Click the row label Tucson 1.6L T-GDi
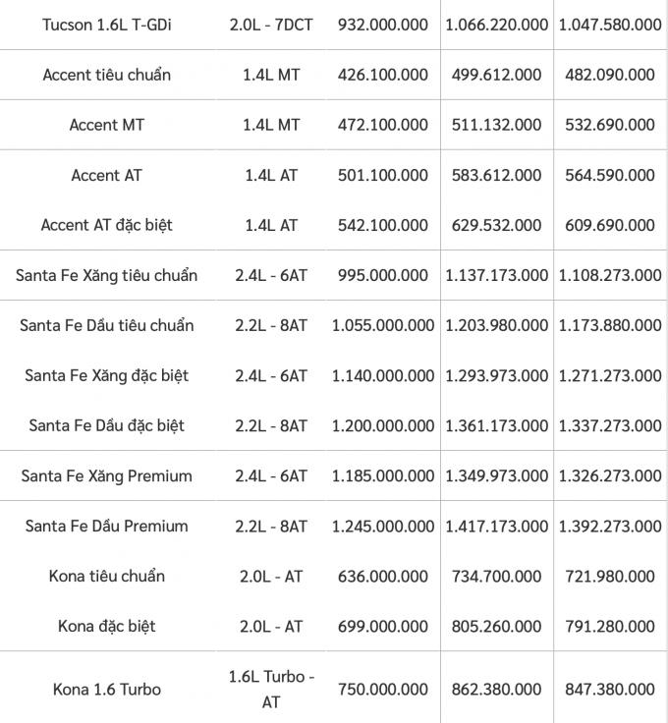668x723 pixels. pos(106,24)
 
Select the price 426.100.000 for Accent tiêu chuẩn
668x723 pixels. pos(383,75)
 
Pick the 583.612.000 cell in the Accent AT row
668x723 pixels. pos(496,175)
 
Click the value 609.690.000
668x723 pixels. pos(610,225)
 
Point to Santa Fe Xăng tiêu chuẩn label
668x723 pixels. pos(106,275)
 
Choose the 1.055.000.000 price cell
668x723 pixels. pos(383,325)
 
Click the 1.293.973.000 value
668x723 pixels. pos(496,375)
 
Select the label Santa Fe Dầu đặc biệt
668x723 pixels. pos(106,425)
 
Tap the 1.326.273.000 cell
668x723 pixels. pos(610,475)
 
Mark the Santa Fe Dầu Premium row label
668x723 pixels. pos(106,526)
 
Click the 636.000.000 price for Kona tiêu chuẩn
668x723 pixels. pos(383,576)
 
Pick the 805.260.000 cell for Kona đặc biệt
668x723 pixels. pos(496,626)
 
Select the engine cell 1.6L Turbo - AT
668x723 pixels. pos(271,690)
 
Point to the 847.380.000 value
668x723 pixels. pos(610,690)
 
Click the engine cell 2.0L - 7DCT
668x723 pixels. pos(271,24)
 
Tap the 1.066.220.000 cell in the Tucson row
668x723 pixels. pos(496,24)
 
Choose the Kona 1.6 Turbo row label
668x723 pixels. pos(106,690)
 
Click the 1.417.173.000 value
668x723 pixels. pos(496,526)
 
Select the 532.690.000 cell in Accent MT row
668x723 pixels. pos(610,125)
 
